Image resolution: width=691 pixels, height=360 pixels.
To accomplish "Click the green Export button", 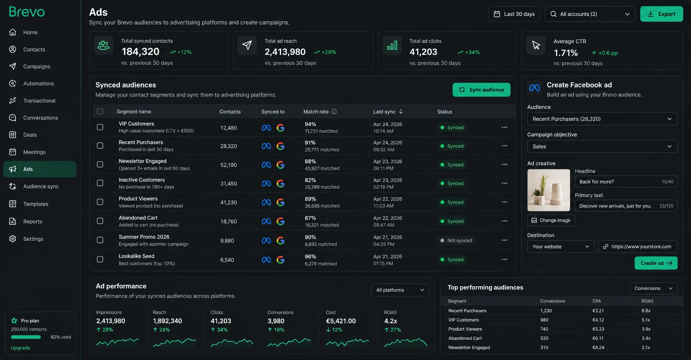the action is tap(661, 14).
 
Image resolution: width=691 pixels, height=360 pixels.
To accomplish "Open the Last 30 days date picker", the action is tap(514, 14).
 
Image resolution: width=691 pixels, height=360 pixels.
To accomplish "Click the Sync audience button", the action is tap(481, 90).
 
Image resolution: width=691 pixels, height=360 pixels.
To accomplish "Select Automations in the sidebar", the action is tap(38, 84).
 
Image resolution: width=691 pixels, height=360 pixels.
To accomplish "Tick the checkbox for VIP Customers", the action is tap(100, 127).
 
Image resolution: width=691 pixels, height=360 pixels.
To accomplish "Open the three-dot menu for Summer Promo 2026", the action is tap(504, 240).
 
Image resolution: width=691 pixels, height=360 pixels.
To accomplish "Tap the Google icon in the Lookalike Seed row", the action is tap(281, 260).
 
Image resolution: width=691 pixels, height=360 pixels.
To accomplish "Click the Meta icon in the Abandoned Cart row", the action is tap(266, 221).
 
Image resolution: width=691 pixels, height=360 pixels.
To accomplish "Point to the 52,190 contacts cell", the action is tap(228, 165).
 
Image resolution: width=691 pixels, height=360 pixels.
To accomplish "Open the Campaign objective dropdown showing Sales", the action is tap(602, 147).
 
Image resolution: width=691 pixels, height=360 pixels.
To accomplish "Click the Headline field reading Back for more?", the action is tap(626, 182).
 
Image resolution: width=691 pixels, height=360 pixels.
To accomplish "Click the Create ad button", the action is tap(656, 263).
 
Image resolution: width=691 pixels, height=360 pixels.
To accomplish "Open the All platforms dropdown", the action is tap(400, 290).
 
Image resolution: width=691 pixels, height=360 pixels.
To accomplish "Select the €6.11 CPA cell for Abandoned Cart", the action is tap(598, 339).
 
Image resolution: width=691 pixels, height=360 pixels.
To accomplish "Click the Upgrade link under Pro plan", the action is tap(21, 348).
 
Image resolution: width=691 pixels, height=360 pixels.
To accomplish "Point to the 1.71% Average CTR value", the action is tap(566, 53).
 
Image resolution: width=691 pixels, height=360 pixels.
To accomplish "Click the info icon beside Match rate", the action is tap(334, 112).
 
